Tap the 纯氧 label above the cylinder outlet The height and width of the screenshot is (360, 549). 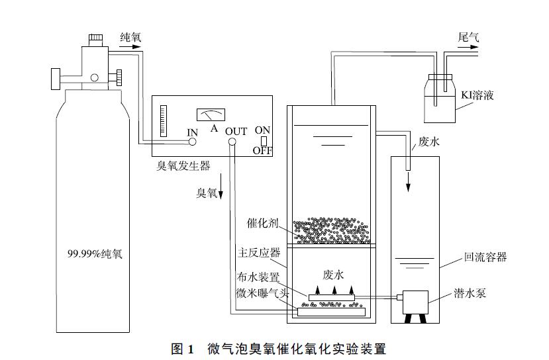(130, 38)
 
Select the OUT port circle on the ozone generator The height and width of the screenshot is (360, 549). (232, 142)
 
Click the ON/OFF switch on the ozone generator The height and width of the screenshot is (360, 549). (263, 140)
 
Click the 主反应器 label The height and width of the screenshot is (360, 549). (258, 253)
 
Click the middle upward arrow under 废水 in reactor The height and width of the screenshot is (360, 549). (336, 289)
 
